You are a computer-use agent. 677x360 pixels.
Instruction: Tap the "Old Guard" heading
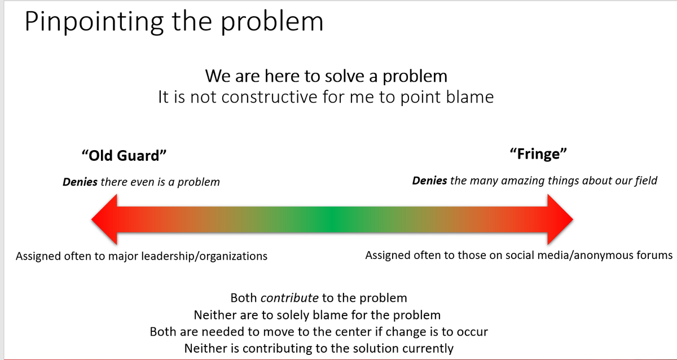pos(124,155)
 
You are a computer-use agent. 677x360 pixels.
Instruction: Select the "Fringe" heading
pos(538,154)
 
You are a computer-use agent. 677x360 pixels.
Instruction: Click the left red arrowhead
pos(104,219)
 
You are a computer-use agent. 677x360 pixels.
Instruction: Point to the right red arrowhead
pos(560,219)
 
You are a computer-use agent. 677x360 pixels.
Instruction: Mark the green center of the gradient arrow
pos(332,219)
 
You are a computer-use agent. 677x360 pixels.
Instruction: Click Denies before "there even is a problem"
pos(80,182)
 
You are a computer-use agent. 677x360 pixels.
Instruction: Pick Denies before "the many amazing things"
pos(429,181)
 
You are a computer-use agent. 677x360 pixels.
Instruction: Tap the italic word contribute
pos(289,298)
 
